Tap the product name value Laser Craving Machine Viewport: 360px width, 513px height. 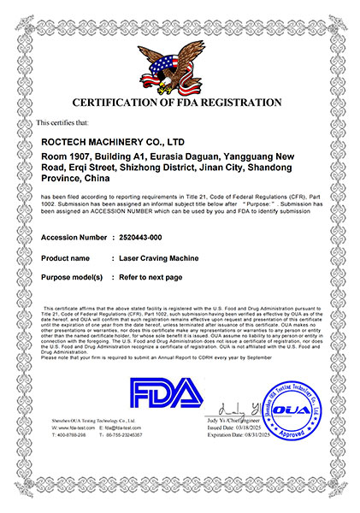point(153,256)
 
